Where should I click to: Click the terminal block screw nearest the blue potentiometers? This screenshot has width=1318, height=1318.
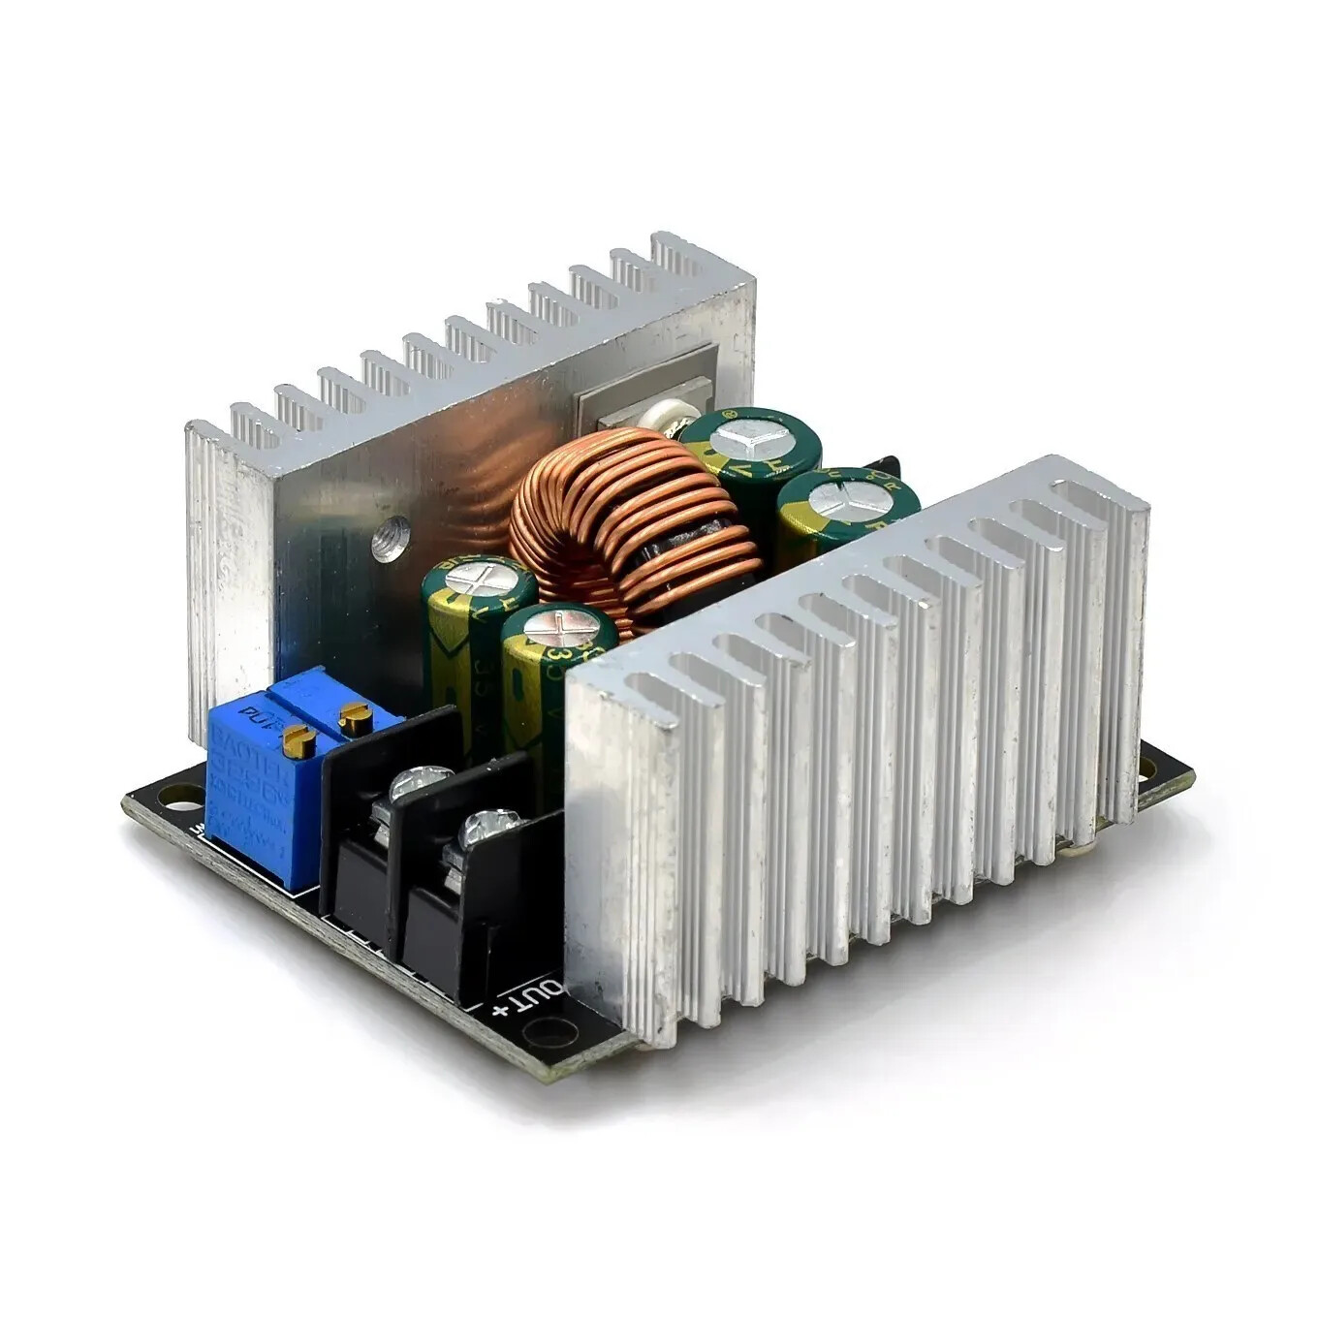tap(420, 782)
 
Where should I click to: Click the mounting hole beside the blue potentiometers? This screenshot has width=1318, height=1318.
tap(177, 797)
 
